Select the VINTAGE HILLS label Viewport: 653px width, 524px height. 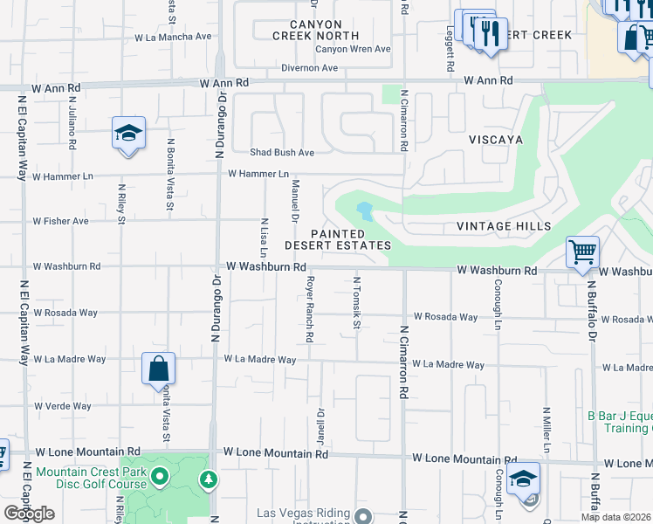point(504,226)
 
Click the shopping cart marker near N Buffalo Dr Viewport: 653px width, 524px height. point(582,253)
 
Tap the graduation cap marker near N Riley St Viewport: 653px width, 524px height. point(128,134)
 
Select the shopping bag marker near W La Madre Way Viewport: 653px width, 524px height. point(159,369)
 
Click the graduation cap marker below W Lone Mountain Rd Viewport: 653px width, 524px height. point(523,479)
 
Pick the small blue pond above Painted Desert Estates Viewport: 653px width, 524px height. point(364,211)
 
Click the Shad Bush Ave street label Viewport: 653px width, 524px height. point(282,152)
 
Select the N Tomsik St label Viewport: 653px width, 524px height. point(356,304)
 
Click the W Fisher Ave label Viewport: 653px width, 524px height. point(61,221)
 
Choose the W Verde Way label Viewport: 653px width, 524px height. point(63,406)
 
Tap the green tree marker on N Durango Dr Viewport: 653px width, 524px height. point(208,479)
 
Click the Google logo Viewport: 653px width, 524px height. point(29,514)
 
